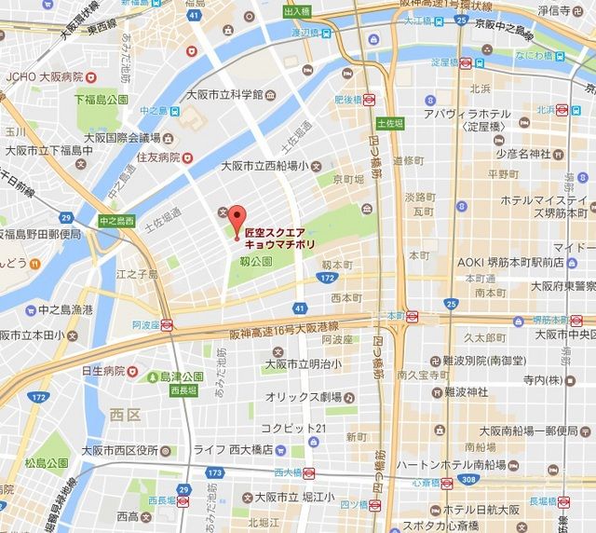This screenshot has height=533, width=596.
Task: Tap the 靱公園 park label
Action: coord(254,262)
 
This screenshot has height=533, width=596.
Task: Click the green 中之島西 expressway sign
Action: coord(117,221)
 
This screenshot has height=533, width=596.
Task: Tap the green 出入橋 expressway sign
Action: coord(296,11)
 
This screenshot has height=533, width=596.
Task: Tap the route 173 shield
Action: coord(217,472)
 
